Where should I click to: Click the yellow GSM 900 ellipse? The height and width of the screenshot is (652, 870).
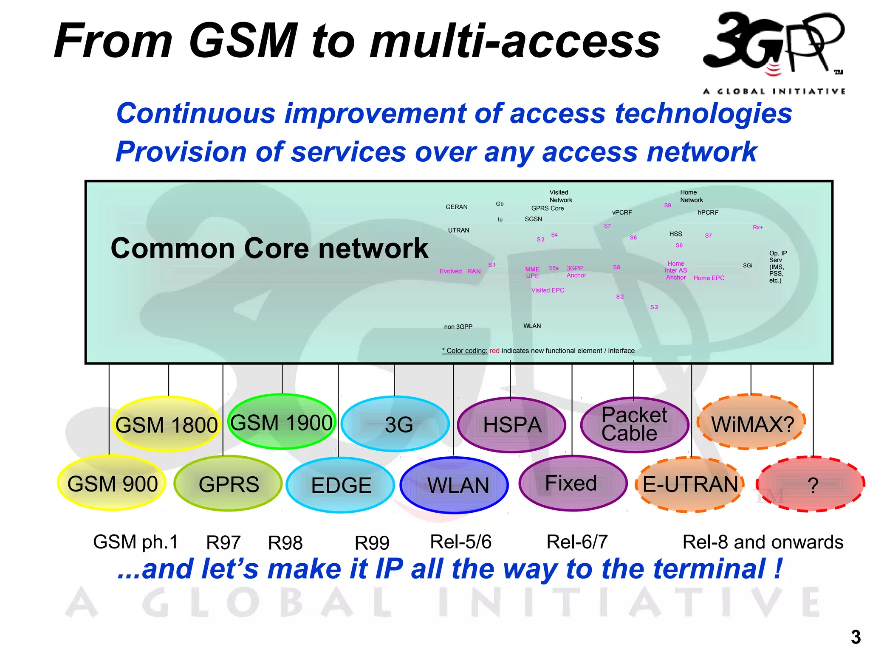(x=112, y=483)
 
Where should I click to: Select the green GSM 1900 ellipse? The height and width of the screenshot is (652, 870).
(x=282, y=422)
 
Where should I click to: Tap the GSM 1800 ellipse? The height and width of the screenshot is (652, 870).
(x=167, y=424)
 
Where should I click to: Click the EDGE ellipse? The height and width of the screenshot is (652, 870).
(x=341, y=485)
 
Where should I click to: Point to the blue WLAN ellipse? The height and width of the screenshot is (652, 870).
(x=455, y=485)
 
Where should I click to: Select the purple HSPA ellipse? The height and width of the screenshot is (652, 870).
(x=512, y=425)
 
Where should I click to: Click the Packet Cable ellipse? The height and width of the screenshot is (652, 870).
(x=635, y=424)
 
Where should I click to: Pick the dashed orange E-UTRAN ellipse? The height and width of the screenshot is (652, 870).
(x=690, y=484)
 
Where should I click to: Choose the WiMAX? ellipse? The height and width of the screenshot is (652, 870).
(x=752, y=423)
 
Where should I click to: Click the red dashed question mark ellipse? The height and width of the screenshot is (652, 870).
(x=811, y=484)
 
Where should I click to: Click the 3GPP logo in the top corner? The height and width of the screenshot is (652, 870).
(x=773, y=47)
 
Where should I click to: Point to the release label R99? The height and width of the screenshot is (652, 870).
(x=372, y=543)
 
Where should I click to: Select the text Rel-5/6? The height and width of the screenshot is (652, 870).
(x=461, y=542)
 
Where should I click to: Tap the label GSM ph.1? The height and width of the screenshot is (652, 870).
(x=136, y=542)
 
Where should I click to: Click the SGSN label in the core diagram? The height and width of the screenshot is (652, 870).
(x=533, y=219)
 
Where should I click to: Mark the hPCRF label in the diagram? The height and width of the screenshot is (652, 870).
(x=708, y=212)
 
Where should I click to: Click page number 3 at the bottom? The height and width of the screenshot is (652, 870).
(x=856, y=637)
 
